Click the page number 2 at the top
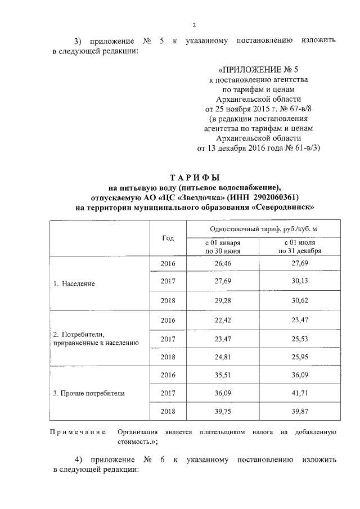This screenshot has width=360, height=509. point(194,25)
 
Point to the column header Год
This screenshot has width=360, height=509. point(168,238)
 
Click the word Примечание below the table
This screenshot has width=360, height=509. point(79,432)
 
